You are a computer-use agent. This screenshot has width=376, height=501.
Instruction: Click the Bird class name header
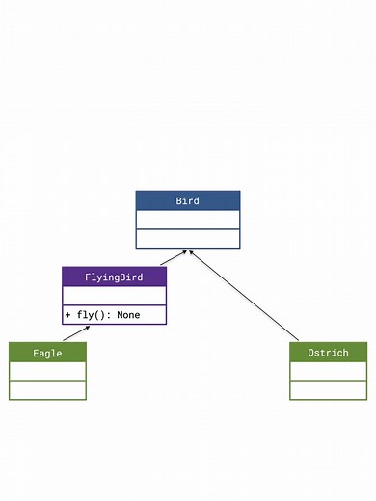click(187, 200)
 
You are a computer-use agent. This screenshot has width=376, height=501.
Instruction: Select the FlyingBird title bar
click(114, 277)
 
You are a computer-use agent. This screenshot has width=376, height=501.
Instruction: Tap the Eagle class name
click(47, 353)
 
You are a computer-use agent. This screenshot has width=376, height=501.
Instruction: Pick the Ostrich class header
click(328, 353)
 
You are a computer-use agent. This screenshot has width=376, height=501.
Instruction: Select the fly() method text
click(94, 315)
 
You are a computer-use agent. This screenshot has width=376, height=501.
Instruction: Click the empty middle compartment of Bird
click(187, 220)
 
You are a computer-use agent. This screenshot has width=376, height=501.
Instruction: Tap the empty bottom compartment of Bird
click(187, 238)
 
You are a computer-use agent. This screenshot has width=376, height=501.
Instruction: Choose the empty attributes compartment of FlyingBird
click(114, 296)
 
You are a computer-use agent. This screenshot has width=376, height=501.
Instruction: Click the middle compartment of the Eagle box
click(47, 371)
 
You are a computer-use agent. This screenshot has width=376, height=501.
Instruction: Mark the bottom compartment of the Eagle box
click(47, 389)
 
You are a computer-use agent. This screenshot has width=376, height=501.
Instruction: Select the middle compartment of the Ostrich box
click(328, 371)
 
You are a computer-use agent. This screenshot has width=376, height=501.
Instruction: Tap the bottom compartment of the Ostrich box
click(328, 389)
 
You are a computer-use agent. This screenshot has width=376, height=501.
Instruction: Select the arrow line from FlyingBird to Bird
click(173, 258)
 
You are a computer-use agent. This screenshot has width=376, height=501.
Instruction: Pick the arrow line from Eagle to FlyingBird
click(76, 333)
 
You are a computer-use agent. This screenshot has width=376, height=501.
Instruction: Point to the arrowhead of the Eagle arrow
click(88, 328)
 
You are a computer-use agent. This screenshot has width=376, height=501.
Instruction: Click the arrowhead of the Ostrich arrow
click(190, 250)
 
